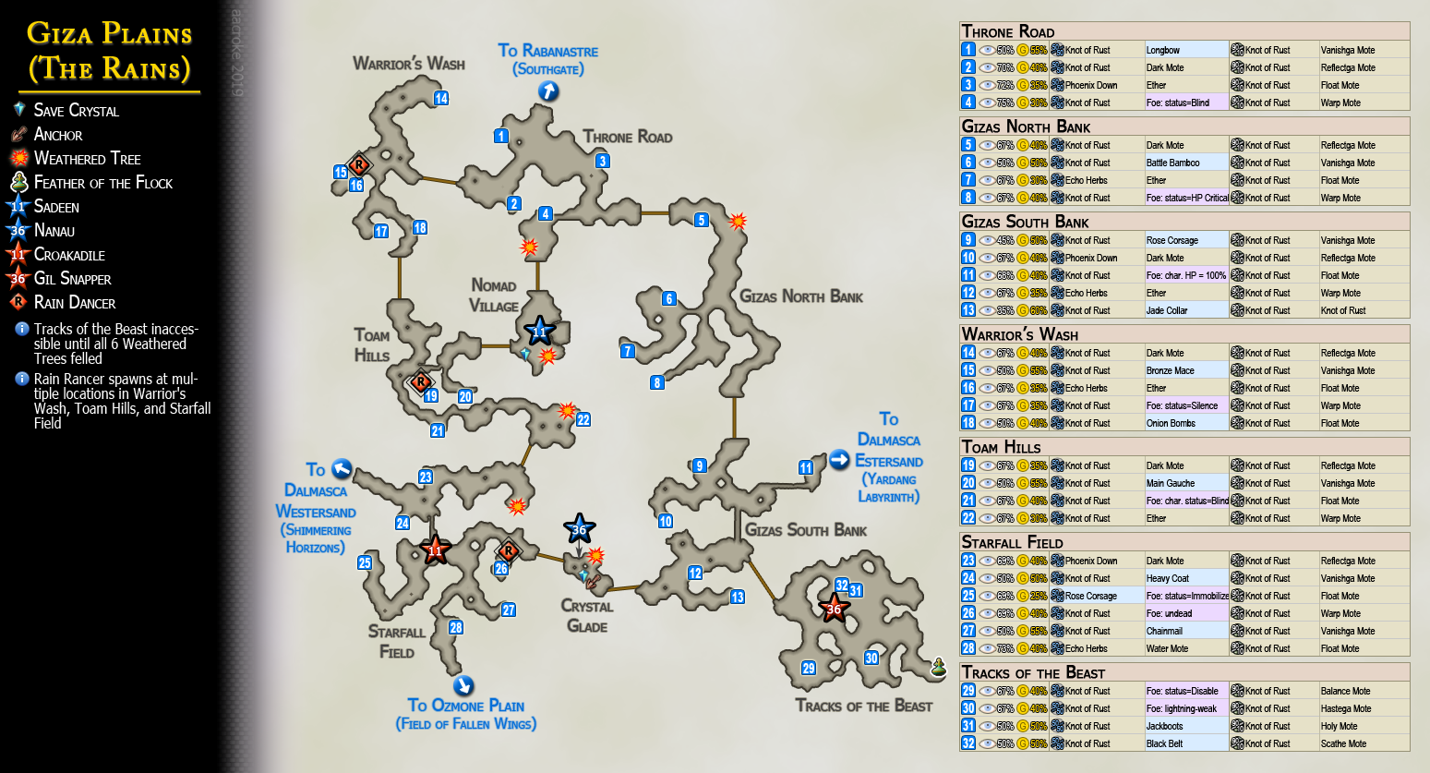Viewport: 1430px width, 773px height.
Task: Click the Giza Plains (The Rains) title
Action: pyautogui.click(x=109, y=51)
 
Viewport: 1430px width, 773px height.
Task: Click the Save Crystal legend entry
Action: pyautogui.click(x=76, y=111)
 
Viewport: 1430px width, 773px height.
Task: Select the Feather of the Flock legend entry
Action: pyautogui.click(x=102, y=183)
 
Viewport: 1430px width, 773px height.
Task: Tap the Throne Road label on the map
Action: pyautogui.click(x=627, y=137)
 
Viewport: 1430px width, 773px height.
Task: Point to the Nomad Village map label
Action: pyautogui.click(x=494, y=296)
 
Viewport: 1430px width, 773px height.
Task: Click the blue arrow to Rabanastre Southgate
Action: pyautogui.click(x=548, y=91)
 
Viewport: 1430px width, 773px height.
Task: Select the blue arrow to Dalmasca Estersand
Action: pyautogui.click(x=839, y=460)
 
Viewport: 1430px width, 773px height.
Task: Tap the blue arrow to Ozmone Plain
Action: pyautogui.click(x=463, y=685)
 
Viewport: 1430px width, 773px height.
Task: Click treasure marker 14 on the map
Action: pyautogui.click(x=441, y=99)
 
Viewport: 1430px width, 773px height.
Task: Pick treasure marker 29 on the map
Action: pyautogui.click(x=809, y=669)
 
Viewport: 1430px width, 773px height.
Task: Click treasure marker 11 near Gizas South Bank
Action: pyautogui.click(x=806, y=467)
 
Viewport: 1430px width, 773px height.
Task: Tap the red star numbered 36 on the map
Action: pyautogui.click(x=834, y=609)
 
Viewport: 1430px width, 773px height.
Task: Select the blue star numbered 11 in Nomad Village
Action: pyautogui.click(x=539, y=332)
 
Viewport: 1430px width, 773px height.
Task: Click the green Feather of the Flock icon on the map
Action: pyautogui.click(x=939, y=667)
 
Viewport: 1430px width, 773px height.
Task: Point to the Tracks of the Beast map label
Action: pyautogui.click(x=863, y=706)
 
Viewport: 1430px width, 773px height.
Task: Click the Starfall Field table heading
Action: pyautogui.click(x=1012, y=542)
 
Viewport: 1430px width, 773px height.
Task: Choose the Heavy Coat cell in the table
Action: pyautogui.click(x=1168, y=578)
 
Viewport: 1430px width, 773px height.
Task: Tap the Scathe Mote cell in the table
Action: pyautogui.click(x=1343, y=743)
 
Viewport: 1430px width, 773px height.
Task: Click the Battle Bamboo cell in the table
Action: pyautogui.click(x=1172, y=163)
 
